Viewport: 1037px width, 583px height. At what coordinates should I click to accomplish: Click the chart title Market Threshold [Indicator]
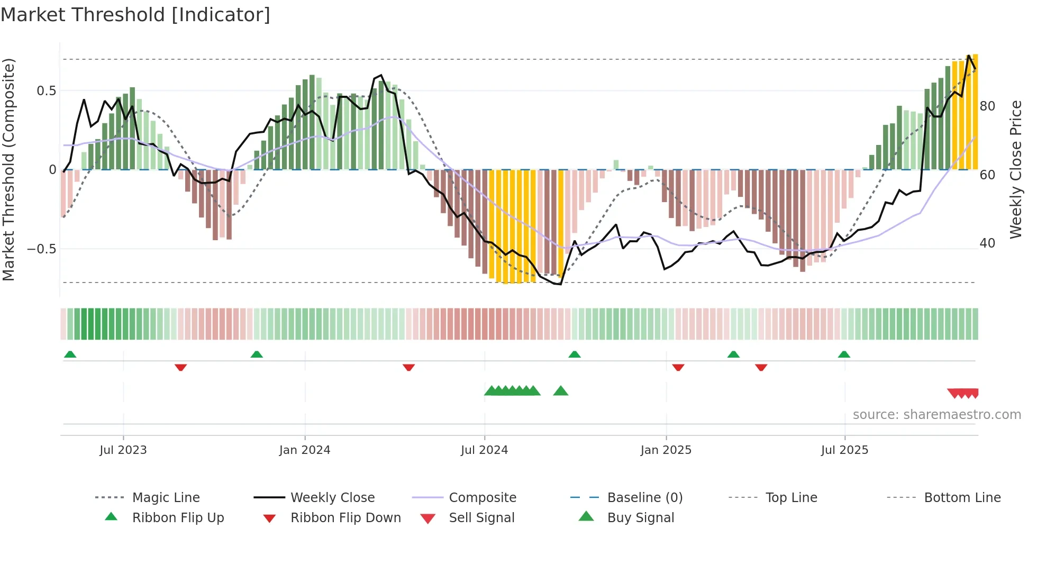tap(135, 15)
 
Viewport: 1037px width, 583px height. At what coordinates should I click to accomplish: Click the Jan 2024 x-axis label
tap(305, 450)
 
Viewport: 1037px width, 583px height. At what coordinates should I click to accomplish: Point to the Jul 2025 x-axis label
tap(844, 450)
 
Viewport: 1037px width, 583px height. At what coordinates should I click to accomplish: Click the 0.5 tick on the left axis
tap(46, 91)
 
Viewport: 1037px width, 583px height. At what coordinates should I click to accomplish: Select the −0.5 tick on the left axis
tap(42, 249)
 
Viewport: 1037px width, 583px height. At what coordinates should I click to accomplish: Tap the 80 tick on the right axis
tap(987, 106)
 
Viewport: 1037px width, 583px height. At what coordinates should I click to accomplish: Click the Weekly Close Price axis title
tap(1015, 169)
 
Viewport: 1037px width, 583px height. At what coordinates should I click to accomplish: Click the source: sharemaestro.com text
tap(936, 415)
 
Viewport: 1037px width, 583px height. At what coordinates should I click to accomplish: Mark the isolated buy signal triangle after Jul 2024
tap(560, 391)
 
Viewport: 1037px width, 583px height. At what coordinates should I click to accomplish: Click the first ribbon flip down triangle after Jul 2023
tap(180, 367)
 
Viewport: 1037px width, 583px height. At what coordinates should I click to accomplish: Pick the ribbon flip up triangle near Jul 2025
tap(844, 354)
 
